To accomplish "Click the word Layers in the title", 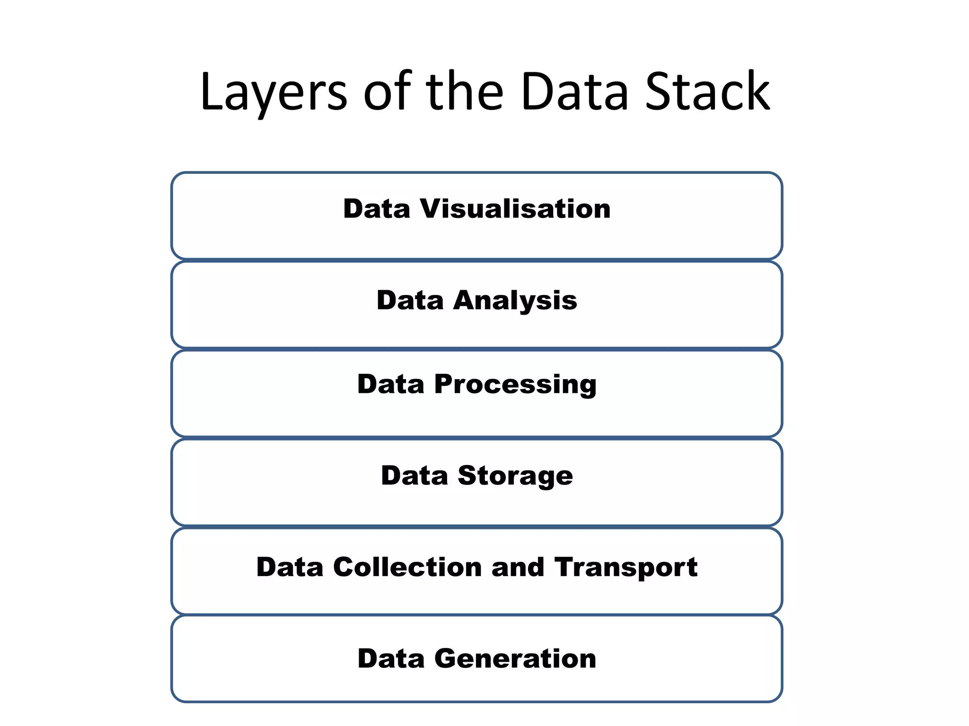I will coord(273,92).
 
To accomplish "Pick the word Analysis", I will coord(515,301).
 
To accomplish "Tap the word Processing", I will coord(515,384).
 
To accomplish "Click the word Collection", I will coord(407,567).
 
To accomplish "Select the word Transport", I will coord(626,568).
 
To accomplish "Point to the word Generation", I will coord(515,658).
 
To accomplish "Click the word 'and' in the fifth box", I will coord(518,567).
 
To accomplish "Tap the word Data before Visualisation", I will coord(377,208).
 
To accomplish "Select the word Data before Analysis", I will coord(410,300).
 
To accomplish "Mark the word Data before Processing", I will coord(391,384).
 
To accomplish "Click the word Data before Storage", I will coord(414,475).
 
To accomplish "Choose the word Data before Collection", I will coord(290,567).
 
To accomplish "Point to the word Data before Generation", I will coord(391,658).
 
